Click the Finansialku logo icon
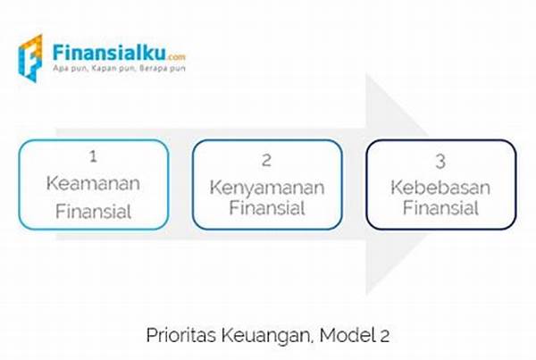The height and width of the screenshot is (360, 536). [30, 58]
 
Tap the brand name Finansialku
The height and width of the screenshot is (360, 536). [109, 53]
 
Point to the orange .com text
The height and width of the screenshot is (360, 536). [176, 57]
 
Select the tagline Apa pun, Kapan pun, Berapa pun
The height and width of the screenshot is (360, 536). [119, 69]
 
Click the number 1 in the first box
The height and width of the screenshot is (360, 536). [93, 156]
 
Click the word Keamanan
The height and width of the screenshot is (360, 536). [93, 183]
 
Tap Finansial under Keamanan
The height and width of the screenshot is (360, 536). [93, 211]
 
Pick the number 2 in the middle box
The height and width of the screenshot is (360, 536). [266, 160]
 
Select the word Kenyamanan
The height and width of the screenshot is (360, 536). [267, 188]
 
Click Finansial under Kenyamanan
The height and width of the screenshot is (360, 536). [267, 207]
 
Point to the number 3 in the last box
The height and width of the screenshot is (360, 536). [440, 162]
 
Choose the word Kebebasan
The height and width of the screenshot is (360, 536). [440, 188]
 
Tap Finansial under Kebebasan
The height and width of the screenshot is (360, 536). [440, 207]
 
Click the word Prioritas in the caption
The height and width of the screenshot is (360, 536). [181, 335]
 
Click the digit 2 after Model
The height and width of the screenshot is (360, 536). [384, 336]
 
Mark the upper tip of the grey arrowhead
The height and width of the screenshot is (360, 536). [366, 74]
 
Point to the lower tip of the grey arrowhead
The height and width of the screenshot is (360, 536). [366, 295]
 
